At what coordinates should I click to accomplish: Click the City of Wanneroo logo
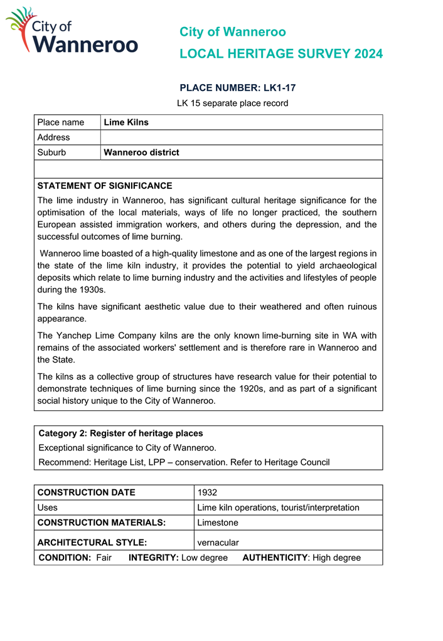coord(72,31)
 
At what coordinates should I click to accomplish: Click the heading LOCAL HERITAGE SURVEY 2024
coord(280,54)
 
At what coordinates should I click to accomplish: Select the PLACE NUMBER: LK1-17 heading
coord(237,88)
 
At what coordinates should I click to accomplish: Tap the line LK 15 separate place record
coord(232,103)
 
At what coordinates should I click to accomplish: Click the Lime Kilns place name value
coord(126,122)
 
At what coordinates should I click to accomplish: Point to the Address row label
coord(54,137)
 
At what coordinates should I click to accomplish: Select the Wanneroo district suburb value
coord(141,152)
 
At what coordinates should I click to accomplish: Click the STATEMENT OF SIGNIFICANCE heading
coord(104,186)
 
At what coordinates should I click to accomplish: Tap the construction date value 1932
coord(207,492)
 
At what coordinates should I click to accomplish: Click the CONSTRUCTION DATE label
coord(87,492)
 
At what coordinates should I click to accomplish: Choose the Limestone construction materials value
coord(218,522)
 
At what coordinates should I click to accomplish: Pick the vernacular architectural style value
coord(218,543)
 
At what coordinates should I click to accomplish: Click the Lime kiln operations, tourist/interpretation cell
coord(278,507)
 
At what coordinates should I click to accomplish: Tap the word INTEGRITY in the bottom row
coord(153,558)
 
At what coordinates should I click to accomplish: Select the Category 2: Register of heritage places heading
coord(120,433)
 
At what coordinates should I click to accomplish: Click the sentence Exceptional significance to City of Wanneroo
coord(127,448)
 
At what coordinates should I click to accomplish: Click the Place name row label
coord(61,122)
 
